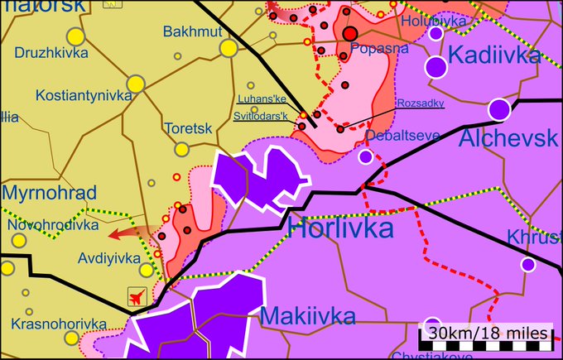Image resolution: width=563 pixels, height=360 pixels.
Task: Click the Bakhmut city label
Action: pyautogui.click(x=191, y=31)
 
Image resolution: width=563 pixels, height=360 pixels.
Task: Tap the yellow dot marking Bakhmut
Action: pyautogui.click(x=229, y=49)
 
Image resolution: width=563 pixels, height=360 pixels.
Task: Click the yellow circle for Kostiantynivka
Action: pyautogui.click(x=136, y=84)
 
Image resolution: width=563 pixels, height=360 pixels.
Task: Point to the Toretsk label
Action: pyautogui.click(x=189, y=129)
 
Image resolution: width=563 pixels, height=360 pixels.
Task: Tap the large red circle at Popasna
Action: pyautogui.click(x=350, y=33)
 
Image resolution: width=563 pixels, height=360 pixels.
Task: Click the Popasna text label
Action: pyautogui.click(x=379, y=49)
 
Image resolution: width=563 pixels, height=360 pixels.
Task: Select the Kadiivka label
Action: pyautogui.click(x=494, y=55)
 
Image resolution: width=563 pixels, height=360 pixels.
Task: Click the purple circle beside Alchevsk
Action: pyautogui.click(x=498, y=108)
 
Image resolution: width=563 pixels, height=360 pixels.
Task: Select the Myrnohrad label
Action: pyautogui.click(x=50, y=193)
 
